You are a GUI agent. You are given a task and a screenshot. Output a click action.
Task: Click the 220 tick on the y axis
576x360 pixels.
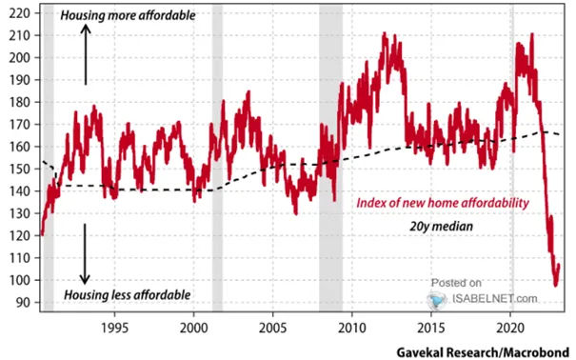point(19,13)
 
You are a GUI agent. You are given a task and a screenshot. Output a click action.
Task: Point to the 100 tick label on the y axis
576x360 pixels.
point(19,280)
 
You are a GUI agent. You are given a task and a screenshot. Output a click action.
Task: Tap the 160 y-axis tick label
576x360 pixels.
point(19,147)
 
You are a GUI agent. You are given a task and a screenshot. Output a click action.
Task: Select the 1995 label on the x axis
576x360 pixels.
point(114,328)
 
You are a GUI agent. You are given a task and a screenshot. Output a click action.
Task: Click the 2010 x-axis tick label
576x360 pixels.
point(352,328)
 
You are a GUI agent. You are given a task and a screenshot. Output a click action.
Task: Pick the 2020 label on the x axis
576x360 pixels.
point(510,328)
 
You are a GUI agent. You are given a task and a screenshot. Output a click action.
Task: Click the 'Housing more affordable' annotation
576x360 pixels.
point(128,15)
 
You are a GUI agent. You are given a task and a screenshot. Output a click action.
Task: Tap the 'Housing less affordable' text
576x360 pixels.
point(128,295)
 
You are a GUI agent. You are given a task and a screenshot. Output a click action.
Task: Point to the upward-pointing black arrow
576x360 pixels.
point(86,54)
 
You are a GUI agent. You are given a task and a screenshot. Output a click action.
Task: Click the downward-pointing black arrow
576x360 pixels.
point(85,254)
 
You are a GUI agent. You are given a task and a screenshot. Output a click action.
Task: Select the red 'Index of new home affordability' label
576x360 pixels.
point(443,203)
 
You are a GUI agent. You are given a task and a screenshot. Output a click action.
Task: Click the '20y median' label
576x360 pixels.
point(441,227)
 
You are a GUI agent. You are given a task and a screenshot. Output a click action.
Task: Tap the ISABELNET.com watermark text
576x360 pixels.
point(494,298)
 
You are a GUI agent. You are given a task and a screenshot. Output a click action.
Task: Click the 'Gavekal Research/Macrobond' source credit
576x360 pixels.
point(483,352)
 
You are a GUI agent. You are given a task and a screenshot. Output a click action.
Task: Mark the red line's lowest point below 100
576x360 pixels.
point(556,285)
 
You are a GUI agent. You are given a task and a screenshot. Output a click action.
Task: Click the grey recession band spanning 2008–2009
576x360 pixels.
point(330,158)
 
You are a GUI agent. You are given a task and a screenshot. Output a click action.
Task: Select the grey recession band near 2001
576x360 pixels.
point(217,158)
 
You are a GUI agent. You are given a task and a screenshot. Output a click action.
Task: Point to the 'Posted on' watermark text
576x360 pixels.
point(456,283)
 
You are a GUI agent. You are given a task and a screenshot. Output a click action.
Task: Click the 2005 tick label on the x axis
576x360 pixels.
point(273,328)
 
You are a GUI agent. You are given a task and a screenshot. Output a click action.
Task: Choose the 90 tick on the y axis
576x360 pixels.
point(23,302)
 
